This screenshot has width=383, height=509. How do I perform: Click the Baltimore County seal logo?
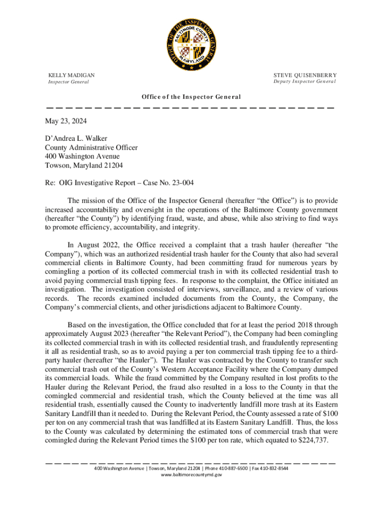pos(191,38)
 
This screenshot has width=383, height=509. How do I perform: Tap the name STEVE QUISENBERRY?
pos(305,75)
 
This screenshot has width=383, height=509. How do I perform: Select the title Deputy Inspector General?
pos(304,82)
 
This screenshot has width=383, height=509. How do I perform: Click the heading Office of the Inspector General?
pos(191,97)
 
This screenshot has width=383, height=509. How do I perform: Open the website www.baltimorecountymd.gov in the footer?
pos(191,475)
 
